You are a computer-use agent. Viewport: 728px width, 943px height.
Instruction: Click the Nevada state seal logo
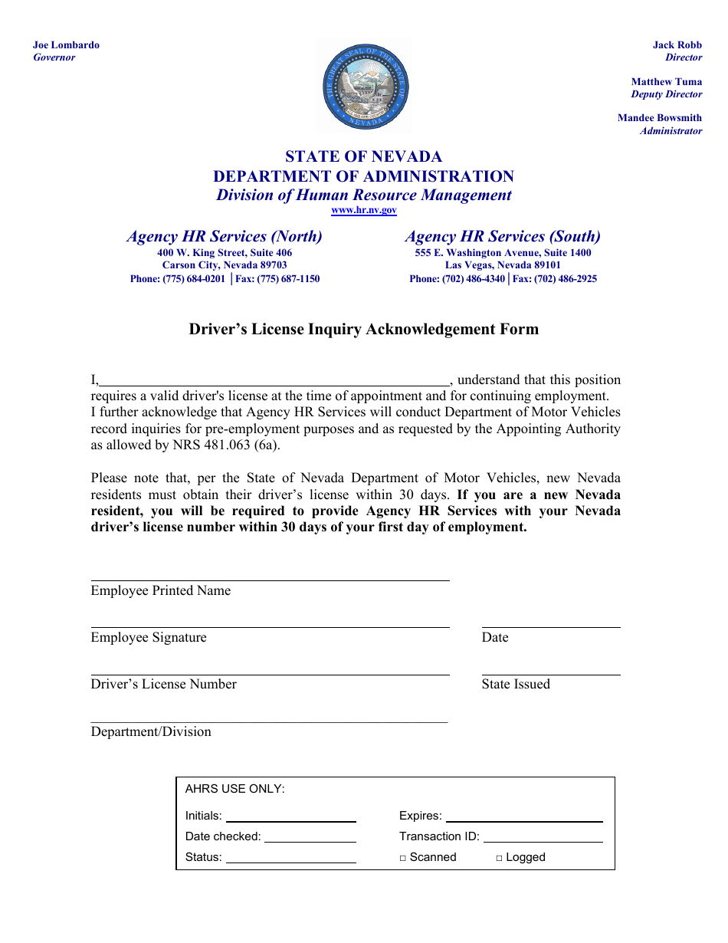[x=365, y=87]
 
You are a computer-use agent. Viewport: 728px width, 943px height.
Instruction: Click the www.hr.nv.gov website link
[x=364, y=210]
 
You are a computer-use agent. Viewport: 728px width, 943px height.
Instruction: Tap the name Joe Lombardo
[x=66, y=45]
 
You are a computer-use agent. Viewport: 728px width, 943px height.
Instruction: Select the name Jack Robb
[x=677, y=45]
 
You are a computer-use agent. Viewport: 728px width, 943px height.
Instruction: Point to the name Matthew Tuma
[x=666, y=81]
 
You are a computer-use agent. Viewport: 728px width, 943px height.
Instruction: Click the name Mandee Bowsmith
[x=659, y=118]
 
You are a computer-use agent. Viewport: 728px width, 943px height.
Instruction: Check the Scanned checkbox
[x=403, y=858]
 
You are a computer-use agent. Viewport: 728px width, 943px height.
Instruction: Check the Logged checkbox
[x=499, y=858]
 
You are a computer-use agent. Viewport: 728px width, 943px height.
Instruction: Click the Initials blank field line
[x=290, y=817]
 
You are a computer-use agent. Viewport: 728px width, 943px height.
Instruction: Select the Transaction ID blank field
[x=543, y=838]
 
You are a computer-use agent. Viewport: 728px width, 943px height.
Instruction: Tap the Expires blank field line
[x=524, y=817]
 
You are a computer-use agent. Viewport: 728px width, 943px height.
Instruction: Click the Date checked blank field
[x=310, y=838]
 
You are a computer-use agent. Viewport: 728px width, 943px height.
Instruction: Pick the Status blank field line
[x=290, y=859]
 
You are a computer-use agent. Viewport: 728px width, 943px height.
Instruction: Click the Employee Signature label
[x=149, y=638]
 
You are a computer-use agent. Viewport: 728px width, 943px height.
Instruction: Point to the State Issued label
[x=516, y=685]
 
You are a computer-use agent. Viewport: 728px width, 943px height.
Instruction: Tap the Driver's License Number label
[x=163, y=685]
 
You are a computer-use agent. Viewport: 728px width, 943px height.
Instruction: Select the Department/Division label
[x=151, y=732]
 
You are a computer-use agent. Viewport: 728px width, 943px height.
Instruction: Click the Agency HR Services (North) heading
[x=225, y=236]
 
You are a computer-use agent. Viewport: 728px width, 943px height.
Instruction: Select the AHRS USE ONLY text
[x=235, y=789]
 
